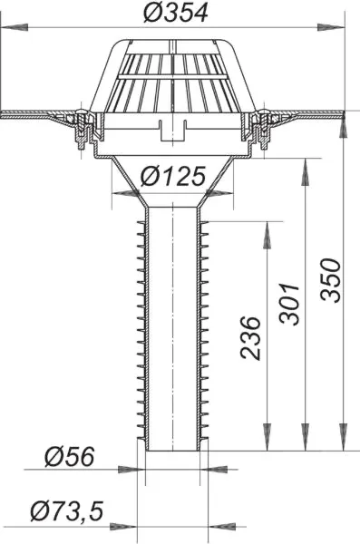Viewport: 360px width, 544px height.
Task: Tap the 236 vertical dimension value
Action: [x=254, y=337]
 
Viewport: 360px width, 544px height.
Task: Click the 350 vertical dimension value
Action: [x=331, y=281]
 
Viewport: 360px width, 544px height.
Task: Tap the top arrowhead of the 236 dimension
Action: [x=267, y=225]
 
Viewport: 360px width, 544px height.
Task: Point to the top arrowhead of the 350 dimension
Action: [x=343, y=121]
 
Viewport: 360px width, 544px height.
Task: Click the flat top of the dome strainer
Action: [x=174, y=43]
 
